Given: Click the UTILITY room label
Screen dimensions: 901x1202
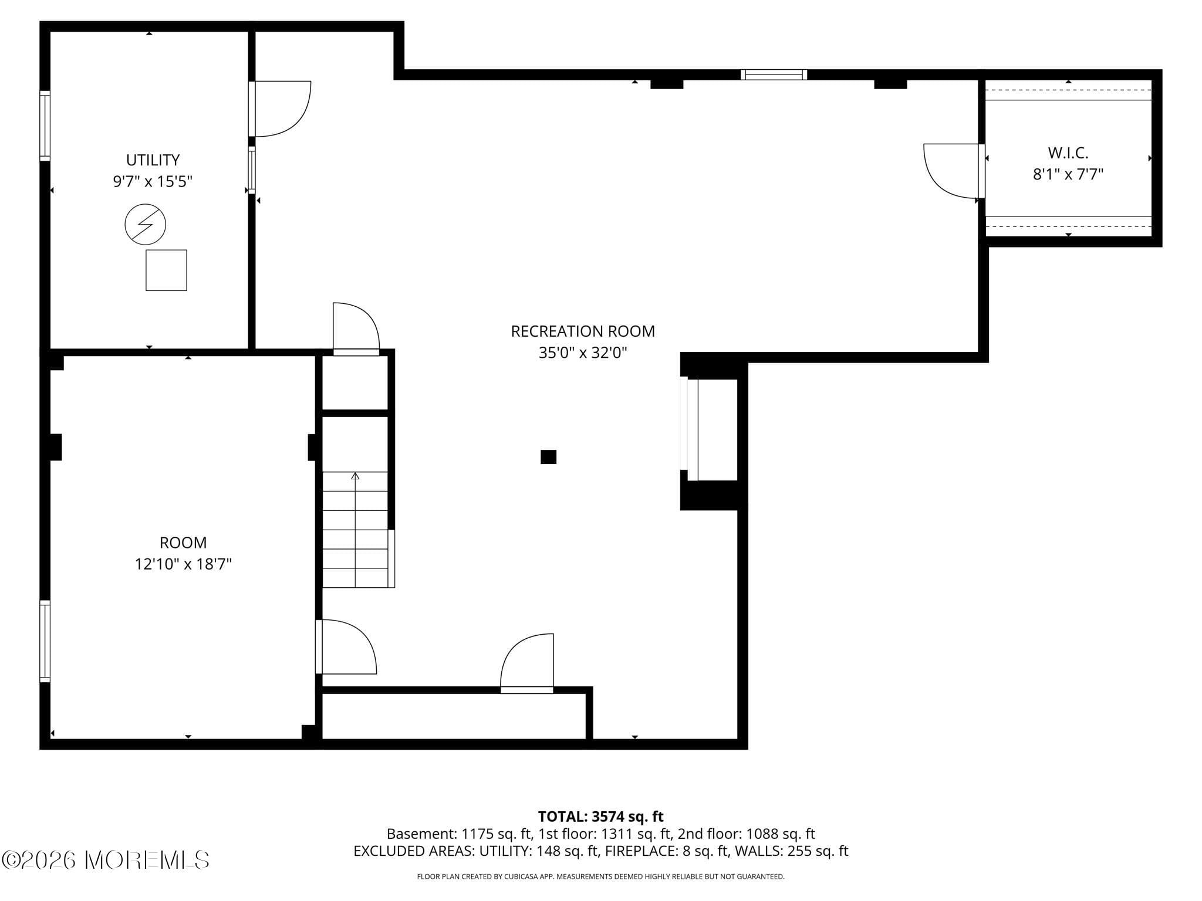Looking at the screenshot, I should click(153, 160).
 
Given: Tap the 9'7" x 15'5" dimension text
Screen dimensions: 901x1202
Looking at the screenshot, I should click(153, 181).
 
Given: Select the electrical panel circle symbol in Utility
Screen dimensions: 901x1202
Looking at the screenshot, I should click(146, 224).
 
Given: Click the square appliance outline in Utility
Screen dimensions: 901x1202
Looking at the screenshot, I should click(166, 270).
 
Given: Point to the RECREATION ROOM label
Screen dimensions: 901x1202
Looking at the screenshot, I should click(582, 331).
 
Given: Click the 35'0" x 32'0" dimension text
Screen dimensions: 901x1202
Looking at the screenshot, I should click(582, 353).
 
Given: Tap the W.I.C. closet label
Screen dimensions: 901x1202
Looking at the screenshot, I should click(1068, 153).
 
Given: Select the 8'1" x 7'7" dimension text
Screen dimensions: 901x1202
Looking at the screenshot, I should click(1068, 174).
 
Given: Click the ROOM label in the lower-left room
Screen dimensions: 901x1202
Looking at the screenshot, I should click(183, 543).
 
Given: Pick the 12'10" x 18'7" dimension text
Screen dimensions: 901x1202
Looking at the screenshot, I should click(183, 564).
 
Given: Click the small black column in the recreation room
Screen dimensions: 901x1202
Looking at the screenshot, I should click(548, 457).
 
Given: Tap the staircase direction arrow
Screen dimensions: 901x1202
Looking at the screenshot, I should click(355, 476).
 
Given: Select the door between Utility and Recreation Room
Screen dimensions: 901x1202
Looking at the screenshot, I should click(279, 109).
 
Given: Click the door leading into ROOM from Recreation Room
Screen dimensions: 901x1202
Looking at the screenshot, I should click(346, 646).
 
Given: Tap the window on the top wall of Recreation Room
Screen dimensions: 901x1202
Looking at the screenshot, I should click(774, 74).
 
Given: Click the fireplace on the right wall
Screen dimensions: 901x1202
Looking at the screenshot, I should click(711, 430).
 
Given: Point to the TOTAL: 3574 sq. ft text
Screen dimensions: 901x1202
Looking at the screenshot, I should click(600, 817).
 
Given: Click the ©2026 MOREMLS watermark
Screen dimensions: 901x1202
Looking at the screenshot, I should click(106, 860).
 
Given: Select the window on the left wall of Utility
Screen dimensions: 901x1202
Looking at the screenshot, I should click(45, 126).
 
